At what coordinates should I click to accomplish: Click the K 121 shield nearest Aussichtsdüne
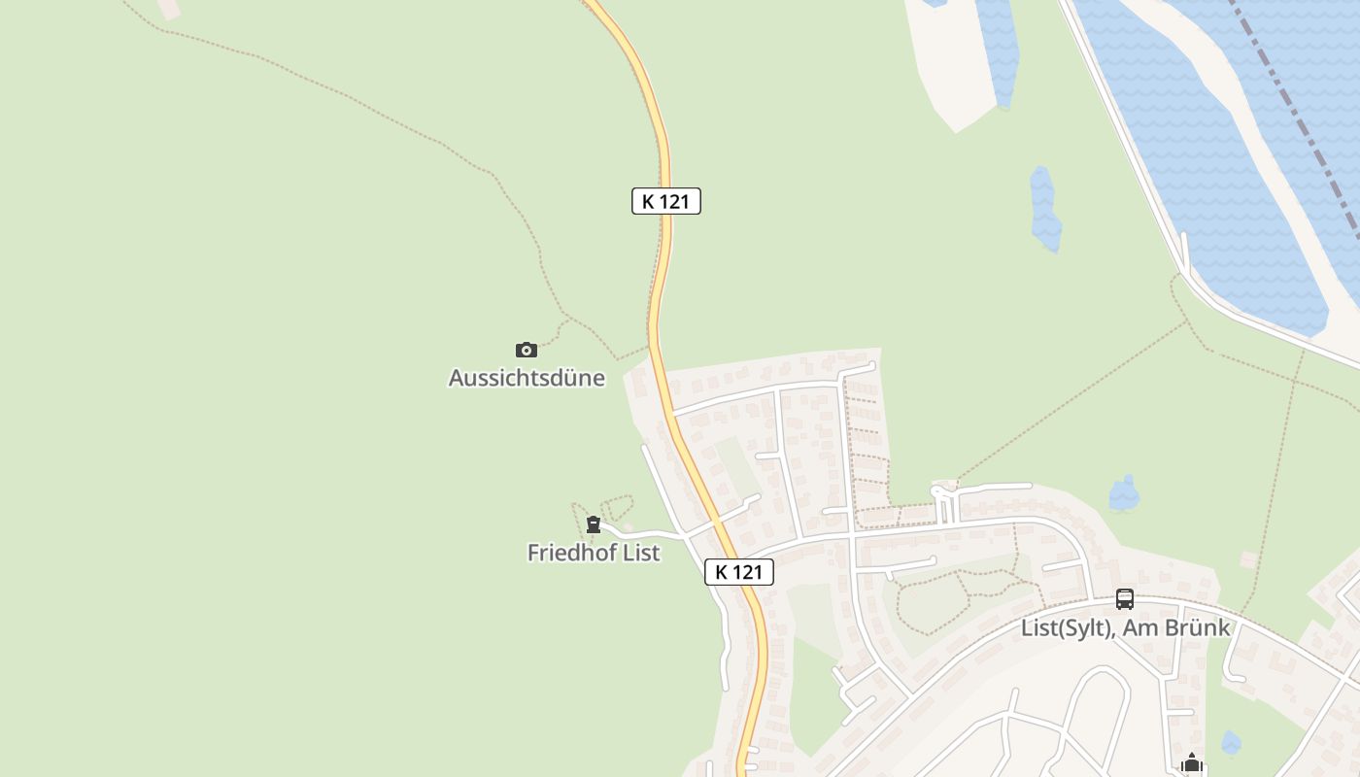(x=666, y=201)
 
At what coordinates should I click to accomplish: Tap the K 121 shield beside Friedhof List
(x=739, y=572)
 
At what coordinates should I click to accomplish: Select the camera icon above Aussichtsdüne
(x=526, y=350)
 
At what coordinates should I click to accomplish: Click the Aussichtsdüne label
(x=527, y=378)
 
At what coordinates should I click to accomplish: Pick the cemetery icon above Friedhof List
(x=594, y=525)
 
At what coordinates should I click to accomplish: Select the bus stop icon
(x=1125, y=599)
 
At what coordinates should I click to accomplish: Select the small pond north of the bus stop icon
(x=1124, y=494)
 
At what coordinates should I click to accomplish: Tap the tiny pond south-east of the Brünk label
(x=1231, y=743)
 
